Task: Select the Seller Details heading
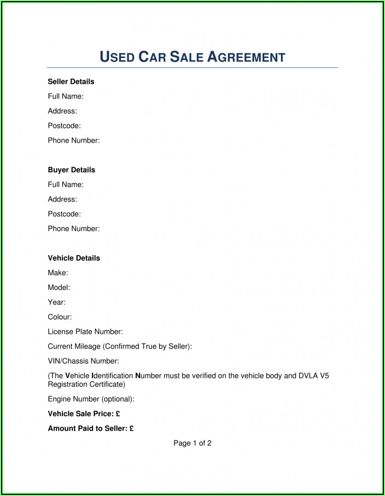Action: [71, 81]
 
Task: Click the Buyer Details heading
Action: [71, 170]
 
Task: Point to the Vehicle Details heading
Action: [74, 258]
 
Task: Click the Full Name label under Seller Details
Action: [66, 96]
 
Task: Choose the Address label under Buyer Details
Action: [62, 199]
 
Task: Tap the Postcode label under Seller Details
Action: [65, 126]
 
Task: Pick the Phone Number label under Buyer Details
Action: [74, 229]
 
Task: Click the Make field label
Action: [58, 273]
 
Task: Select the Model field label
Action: [59, 287]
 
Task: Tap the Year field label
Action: [57, 302]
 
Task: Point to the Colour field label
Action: [60, 317]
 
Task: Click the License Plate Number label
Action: [85, 332]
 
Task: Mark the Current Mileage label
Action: [120, 346]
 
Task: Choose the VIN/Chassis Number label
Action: [83, 361]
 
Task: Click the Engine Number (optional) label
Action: [91, 399]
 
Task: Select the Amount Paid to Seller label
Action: [87, 429]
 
